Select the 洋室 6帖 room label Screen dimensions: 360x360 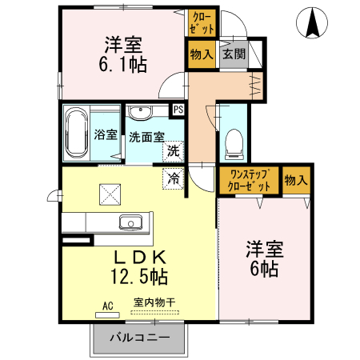[262, 258]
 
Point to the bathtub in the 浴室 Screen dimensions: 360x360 [77, 133]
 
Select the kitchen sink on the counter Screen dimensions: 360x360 [130, 222]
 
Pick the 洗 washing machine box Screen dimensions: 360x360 [173, 149]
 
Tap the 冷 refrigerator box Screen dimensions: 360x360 [173, 179]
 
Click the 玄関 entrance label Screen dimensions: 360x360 [233, 54]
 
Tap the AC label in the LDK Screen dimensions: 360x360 [109, 306]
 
